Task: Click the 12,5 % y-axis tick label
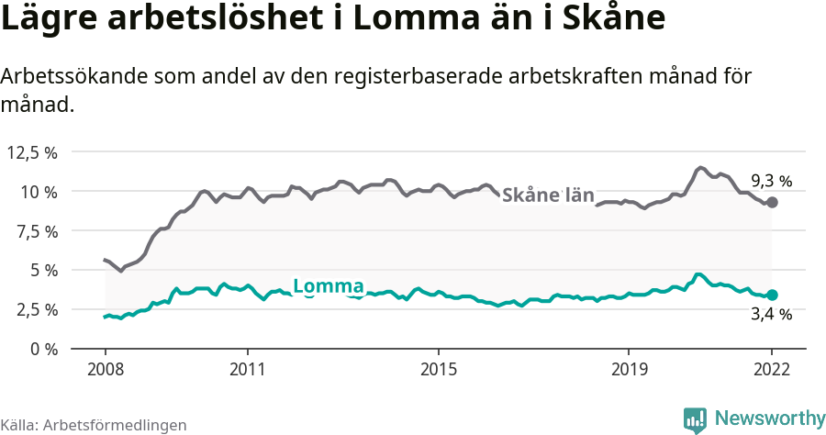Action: [x=33, y=152]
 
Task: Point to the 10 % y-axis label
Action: [x=39, y=192]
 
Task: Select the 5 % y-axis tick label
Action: [x=43, y=271]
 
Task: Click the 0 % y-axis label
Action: [x=43, y=350]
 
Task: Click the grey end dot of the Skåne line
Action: [x=772, y=202]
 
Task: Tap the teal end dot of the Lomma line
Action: [x=772, y=295]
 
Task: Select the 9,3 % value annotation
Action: [x=771, y=181]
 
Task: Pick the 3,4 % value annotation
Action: [x=771, y=316]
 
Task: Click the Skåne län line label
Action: [x=549, y=195]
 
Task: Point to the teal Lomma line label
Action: [x=328, y=285]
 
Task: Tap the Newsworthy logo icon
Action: [x=695, y=419]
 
